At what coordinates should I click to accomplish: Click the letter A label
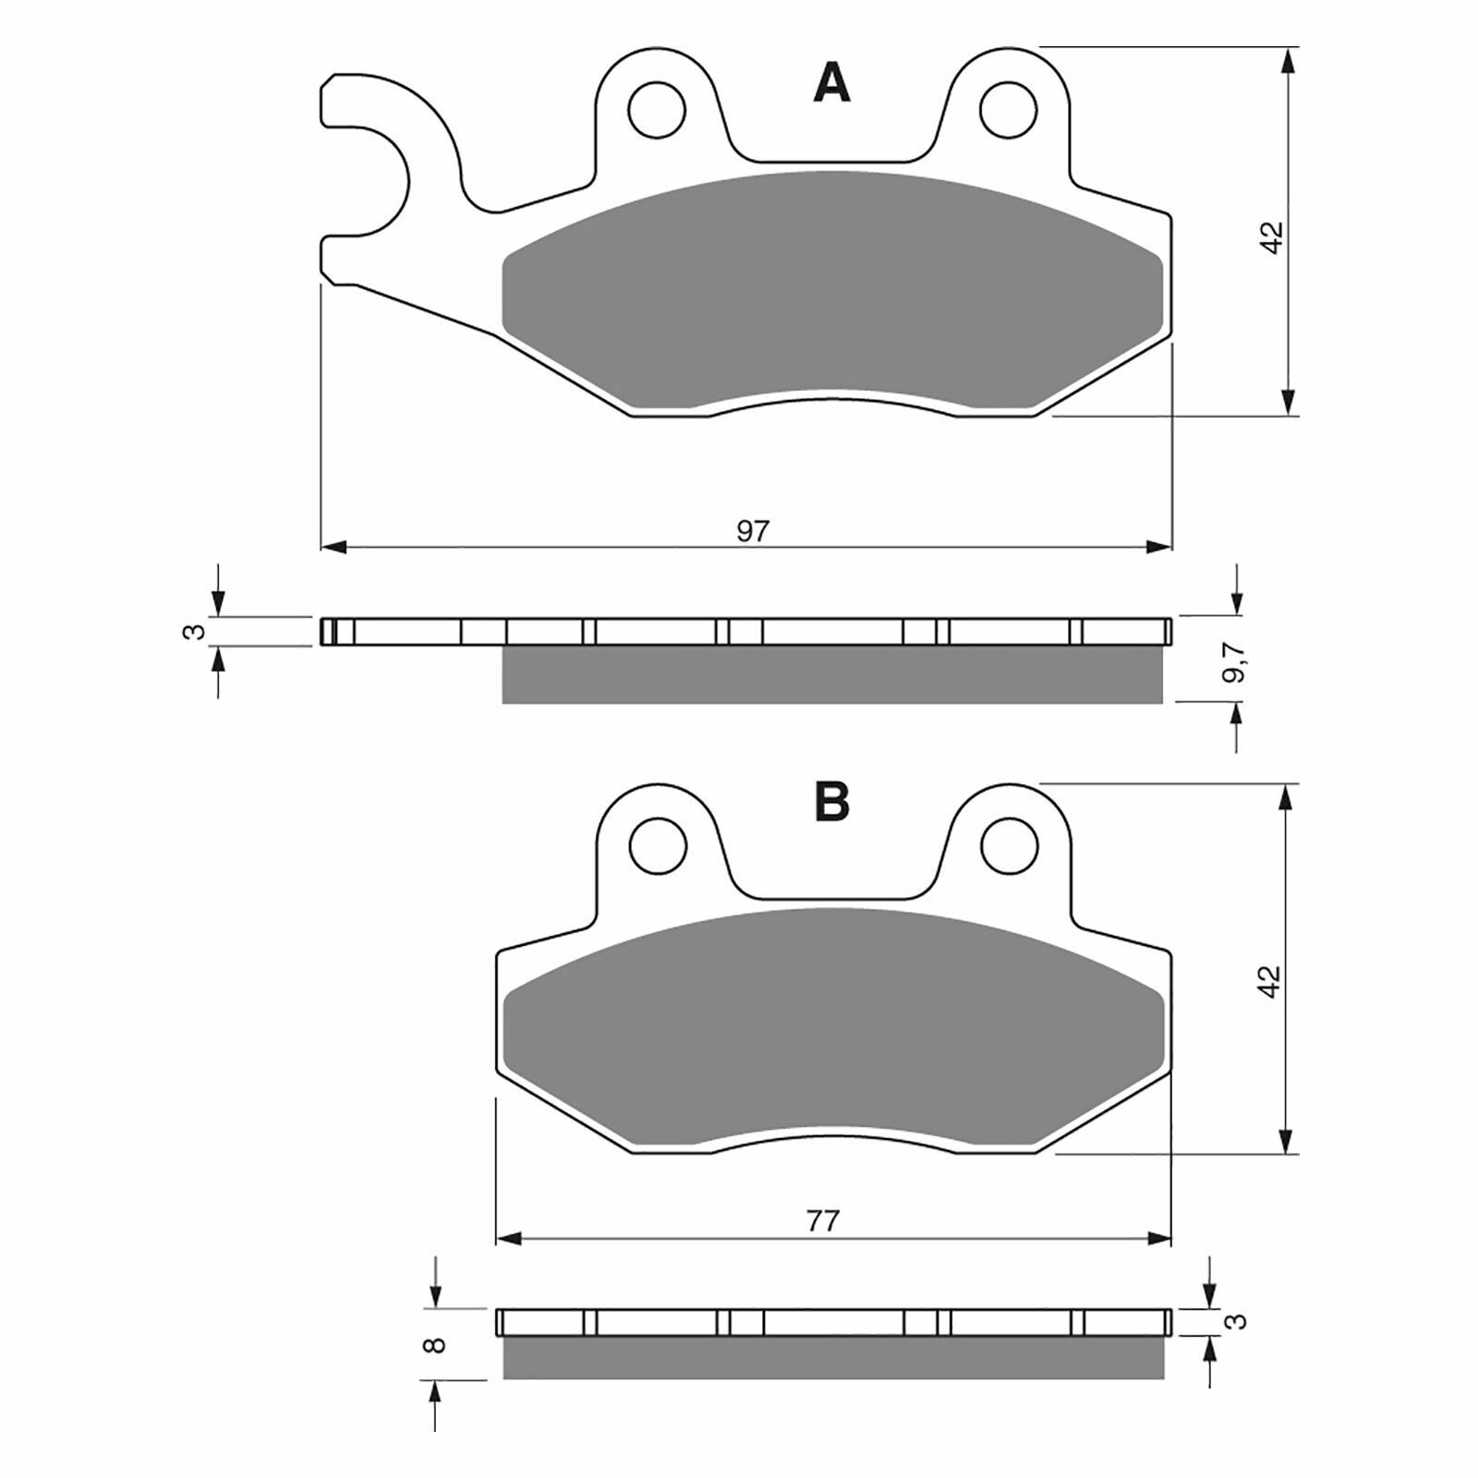[x=831, y=84]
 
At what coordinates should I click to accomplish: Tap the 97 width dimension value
[x=753, y=531]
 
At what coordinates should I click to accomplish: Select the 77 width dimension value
[x=822, y=1221]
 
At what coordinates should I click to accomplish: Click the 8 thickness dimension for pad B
[x=438, y=1344]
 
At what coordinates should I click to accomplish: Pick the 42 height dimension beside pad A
[x=1272, y=236]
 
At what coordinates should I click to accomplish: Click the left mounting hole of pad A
[x=657, y=110]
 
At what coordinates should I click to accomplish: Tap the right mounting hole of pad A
[x=1009, y=110]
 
